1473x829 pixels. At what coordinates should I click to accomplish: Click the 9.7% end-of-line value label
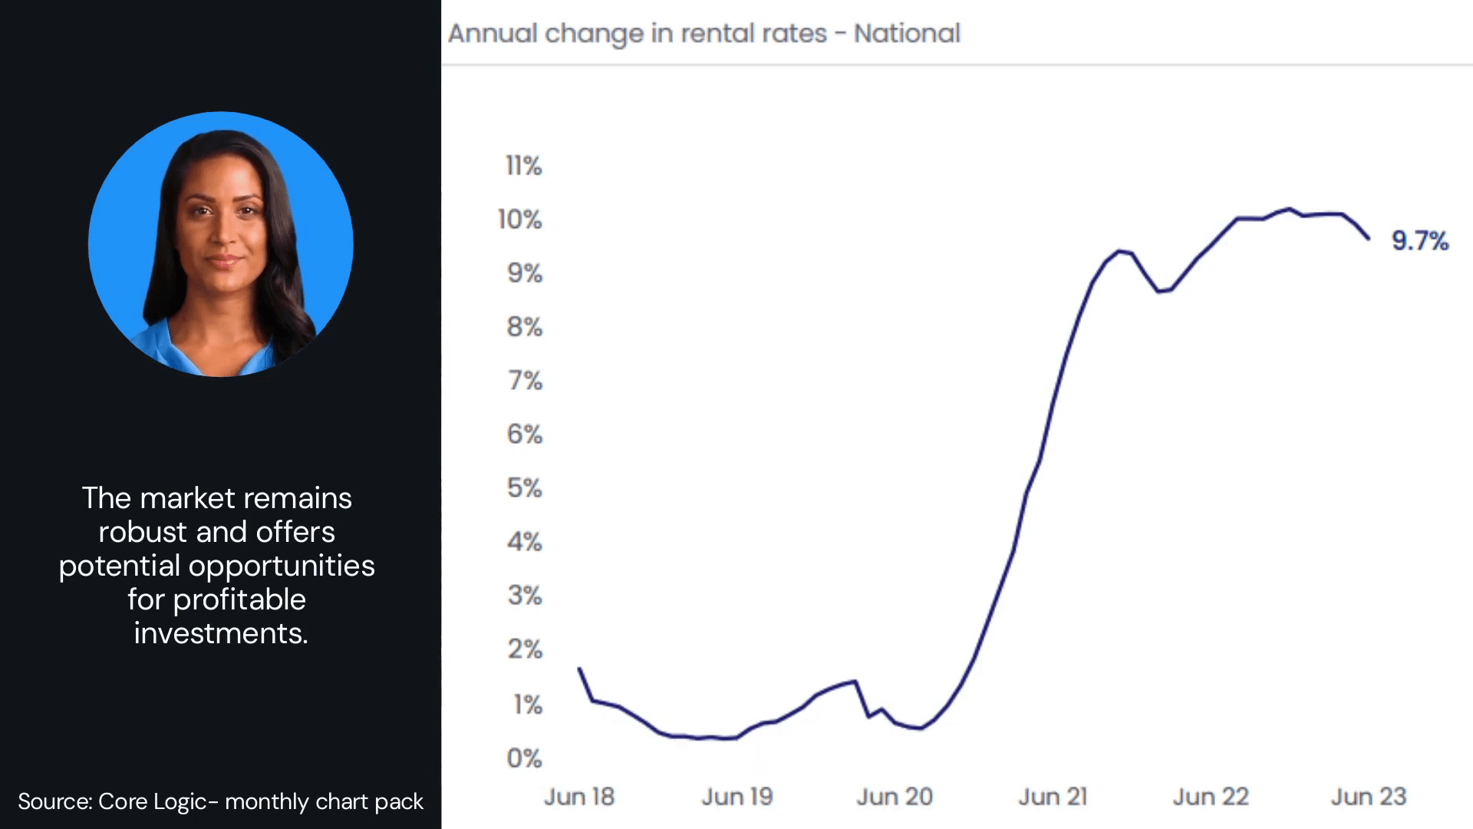click(x=1419, y=241)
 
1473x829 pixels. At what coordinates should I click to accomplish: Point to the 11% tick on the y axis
click(x=524, y=166)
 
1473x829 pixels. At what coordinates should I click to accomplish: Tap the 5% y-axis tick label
click(x=525, y=488)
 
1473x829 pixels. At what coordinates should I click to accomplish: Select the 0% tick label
click(x=525, y=758)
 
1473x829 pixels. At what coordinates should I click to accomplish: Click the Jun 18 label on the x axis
click(x=579, y=797)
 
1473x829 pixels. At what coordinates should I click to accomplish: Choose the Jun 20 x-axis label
click(x=895, y=797)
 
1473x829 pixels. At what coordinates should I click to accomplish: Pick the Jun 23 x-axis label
click(x=1368, y=797)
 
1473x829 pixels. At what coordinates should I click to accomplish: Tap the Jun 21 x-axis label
click(x=1053, y=797)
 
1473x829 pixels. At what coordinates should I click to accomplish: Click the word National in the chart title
click(x=907, y=34)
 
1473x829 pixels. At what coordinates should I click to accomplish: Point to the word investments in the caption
click(x=221, y=633)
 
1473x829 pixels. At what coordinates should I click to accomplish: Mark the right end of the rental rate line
click(x=1369, y=239)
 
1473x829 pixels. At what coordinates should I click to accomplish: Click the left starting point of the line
click(x=579, y=669)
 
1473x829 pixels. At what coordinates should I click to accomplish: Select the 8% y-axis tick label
click(x=525, y=327)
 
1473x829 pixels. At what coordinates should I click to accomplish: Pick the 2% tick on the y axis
click(x=525, y=649)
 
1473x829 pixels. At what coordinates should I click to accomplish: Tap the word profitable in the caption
click(x=239, y=599)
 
